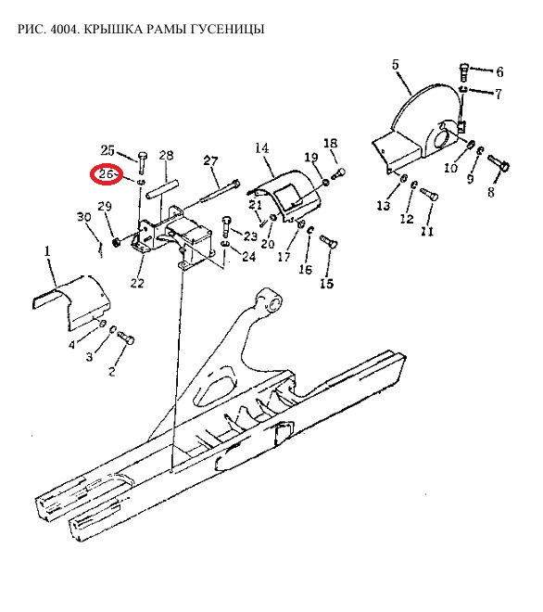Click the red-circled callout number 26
106,174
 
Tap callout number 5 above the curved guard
396,64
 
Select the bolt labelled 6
464,71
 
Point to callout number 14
261,148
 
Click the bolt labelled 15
328,242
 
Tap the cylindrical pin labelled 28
162,187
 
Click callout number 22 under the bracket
137,283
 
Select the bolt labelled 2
126,337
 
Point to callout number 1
47,251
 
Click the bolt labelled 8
499,163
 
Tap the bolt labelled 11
429,194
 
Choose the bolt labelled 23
226,226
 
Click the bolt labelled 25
142,163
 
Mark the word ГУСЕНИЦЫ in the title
228,29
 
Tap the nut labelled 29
116,243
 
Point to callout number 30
84,217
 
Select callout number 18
330,143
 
